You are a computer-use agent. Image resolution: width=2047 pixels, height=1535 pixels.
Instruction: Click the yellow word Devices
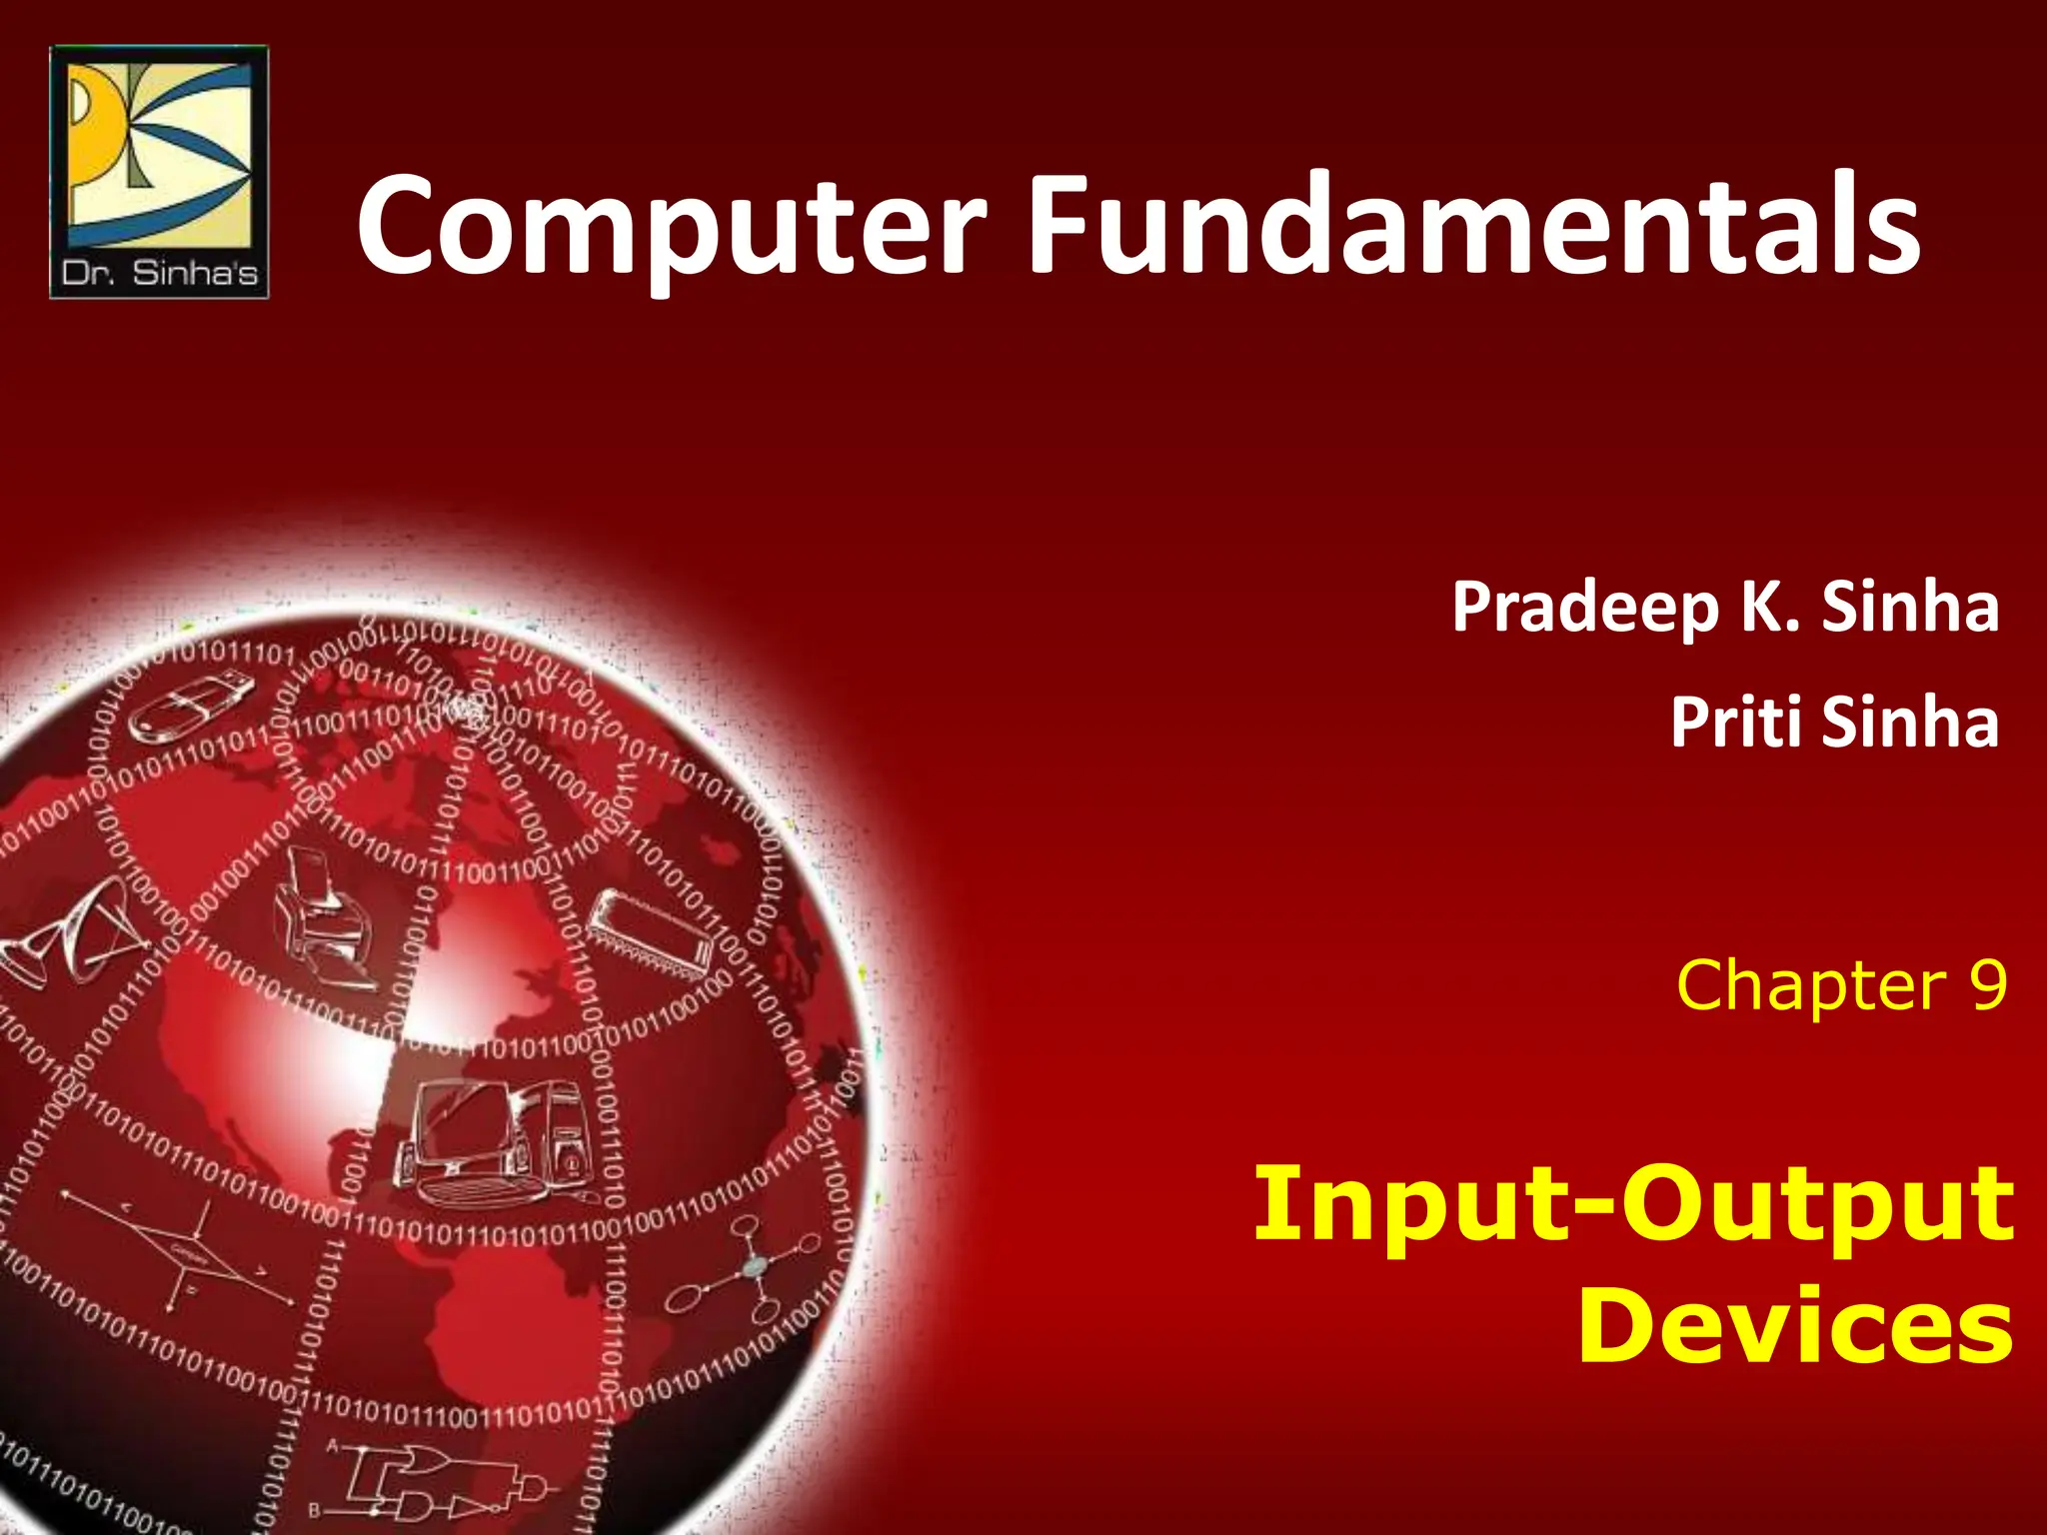pyautogui.click(x=1795, y=1325)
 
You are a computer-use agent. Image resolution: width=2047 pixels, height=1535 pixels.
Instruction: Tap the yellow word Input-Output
pyautogui.click(x=1633, y=1203)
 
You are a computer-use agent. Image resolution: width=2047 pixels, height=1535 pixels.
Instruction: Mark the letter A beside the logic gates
pyautogui.click(x=333, y=1446)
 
